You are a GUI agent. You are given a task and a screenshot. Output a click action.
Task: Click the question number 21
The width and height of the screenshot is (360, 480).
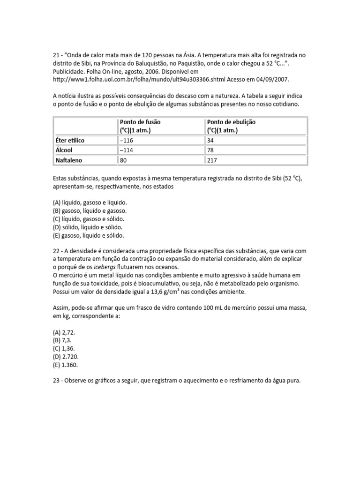[x=56, y=55]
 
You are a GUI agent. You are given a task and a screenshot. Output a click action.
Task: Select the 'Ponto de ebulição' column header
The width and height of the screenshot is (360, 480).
[x=231, y=126]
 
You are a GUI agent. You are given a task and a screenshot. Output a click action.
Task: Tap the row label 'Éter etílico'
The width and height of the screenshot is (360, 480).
[x=70, y=141]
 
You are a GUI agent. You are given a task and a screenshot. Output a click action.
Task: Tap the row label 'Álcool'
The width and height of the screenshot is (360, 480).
[x=65, y=150]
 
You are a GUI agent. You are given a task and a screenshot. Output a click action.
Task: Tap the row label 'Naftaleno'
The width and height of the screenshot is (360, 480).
[x=70, y=160]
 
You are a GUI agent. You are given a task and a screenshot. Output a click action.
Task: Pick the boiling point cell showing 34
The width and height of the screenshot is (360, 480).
[x=210, y=141]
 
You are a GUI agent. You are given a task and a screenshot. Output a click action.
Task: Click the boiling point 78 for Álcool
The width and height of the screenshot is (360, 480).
[x=210, y=150]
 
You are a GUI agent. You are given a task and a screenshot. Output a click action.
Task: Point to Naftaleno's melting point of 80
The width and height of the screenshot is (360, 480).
[x=124, y=160]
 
